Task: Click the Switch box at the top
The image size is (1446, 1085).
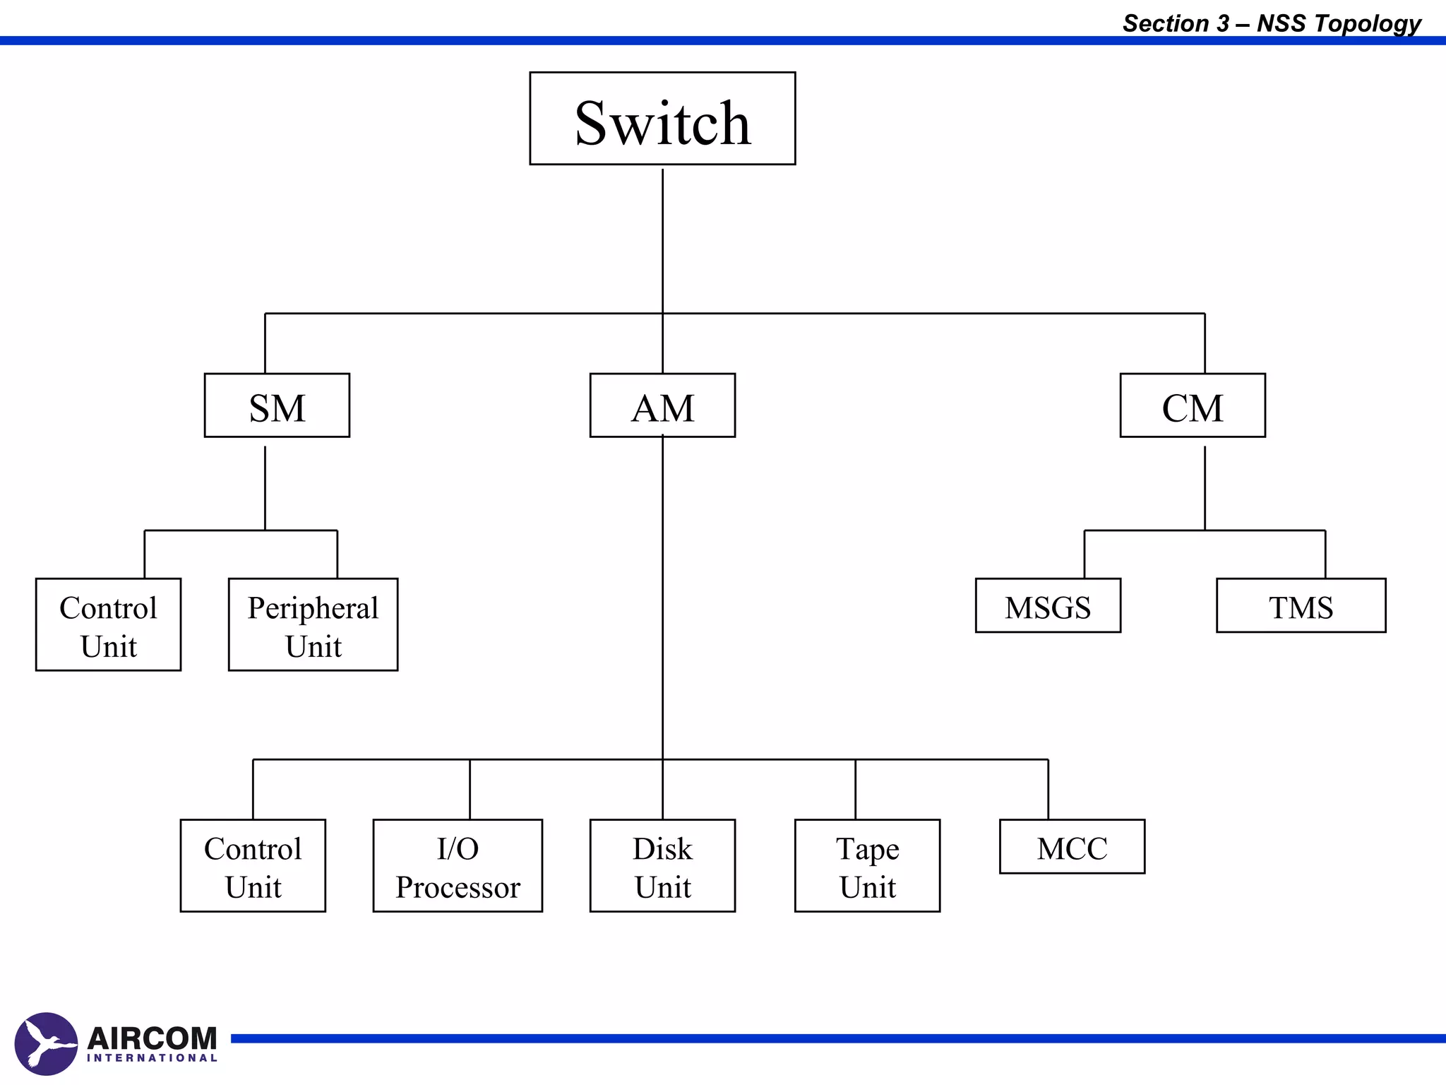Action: [662, 119]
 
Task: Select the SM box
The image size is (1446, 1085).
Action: [277, 405]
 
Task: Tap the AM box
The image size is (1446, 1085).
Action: [662, 405]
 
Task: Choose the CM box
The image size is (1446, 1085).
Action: [1193, 405]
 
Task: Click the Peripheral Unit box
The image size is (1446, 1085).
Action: [313, 624]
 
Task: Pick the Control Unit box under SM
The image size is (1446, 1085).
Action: [108, 624]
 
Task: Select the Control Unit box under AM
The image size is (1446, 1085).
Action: [253, 865]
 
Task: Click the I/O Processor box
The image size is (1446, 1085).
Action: [458, 865]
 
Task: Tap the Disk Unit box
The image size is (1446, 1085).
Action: [662, 865]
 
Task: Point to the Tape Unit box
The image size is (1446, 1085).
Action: [867, 865]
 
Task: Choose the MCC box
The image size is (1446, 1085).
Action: [1072, 846]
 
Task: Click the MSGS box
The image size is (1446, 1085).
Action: [1048, 605]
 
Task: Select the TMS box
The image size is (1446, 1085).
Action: [1301, 605]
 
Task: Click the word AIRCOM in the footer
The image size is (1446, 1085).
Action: [152, 1038]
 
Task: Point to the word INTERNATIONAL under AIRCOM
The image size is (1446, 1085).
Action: [152, 1058]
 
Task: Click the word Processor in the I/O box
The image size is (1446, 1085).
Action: [458, 887]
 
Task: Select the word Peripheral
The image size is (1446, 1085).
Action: [313, 608]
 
